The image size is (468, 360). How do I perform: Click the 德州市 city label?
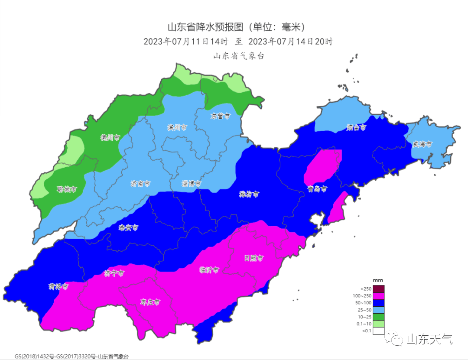click(110, 137)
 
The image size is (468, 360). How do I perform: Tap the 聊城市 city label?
click(67, 189)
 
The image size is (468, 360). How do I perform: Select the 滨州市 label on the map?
click(177, 127)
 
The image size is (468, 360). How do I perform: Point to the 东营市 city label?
click(221, 116)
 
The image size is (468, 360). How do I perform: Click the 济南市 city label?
click(140, 184)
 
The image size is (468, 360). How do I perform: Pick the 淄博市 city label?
click(191, 184)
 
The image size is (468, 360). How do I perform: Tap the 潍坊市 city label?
click(249, 195)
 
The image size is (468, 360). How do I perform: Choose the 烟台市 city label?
click(357, 127)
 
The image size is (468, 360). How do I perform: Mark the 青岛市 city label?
click(317, 189)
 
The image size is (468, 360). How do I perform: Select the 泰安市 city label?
click(128, 227)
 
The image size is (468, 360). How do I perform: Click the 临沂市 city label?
click(209, 270)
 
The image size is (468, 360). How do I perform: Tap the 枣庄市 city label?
click(150, 302)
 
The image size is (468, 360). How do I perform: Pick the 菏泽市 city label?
click(58, 286)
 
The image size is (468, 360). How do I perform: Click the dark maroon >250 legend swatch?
click(378, 289)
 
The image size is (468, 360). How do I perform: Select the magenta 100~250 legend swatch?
click(378, 296)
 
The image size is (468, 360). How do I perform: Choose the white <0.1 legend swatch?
click(378, 331)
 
